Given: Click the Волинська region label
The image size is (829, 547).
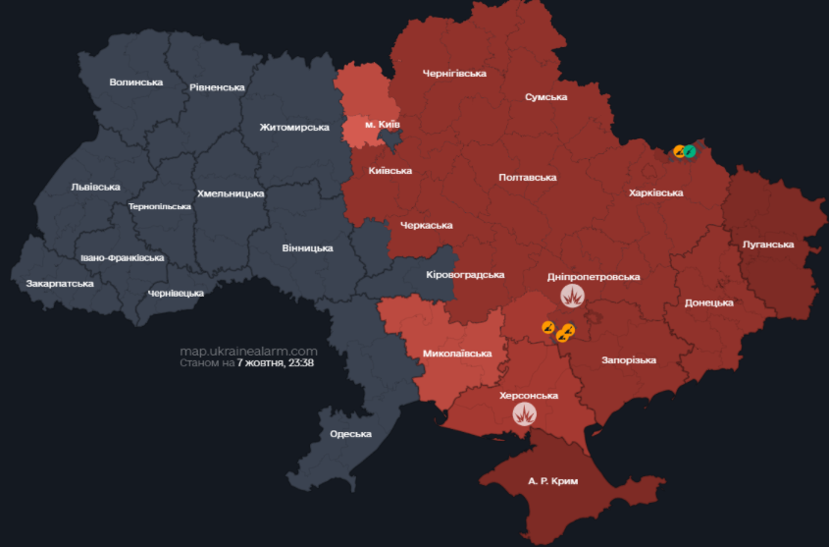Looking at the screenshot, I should (x=135, y=82).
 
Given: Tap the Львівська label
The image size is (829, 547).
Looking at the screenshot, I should (x=95, y=187).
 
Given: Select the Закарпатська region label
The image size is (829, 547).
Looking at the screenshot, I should (x=60, y=283).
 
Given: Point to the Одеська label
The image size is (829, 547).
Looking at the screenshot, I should (x=350, y=433).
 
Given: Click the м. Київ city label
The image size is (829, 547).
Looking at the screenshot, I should (x=382, y=125).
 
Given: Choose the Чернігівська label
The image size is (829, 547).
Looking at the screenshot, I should (x=454, y=73).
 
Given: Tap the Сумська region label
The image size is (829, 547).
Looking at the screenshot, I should (x=546, y=97).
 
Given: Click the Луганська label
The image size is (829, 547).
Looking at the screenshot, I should (x=768, y=244).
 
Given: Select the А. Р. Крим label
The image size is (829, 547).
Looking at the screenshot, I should (x=553, y=481).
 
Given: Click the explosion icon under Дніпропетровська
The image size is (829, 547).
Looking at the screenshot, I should (x=573, y=296).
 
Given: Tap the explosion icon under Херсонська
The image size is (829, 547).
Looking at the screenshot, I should (x=527, y=414).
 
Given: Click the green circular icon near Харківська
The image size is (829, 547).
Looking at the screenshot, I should (x=690, y=151).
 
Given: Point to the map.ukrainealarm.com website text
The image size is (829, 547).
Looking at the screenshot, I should (x=248, y=351).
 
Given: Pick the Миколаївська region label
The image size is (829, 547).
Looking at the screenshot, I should (x=457, y=353).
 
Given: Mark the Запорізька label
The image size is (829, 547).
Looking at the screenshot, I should (x=628, y=360).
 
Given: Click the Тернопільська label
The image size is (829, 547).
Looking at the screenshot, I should (x=160, y=207).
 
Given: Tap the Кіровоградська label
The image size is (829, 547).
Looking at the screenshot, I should (x=465, y=274).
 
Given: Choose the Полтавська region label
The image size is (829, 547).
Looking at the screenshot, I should (x=527, y=177).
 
